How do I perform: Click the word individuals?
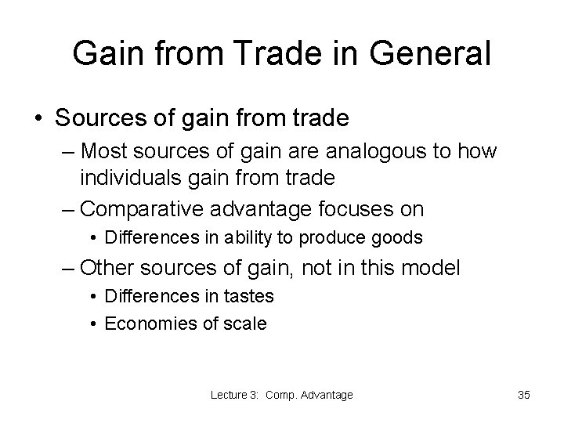pos(136,178)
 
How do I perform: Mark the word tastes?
pos(248,297)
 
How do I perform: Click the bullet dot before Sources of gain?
pos(37,119)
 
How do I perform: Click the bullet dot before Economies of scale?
pos(93,323)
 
